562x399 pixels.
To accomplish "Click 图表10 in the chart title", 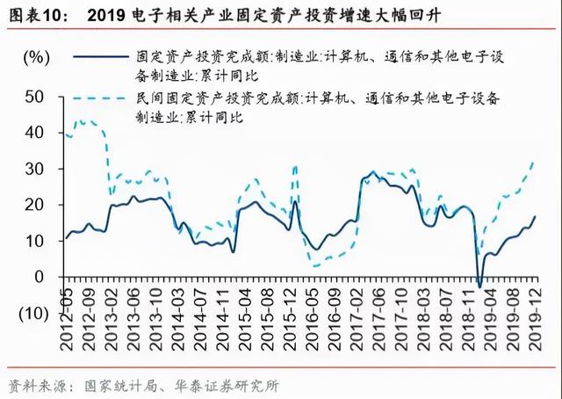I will (x=34, y=14).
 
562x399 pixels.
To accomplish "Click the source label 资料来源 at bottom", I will (x=34, y=385).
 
